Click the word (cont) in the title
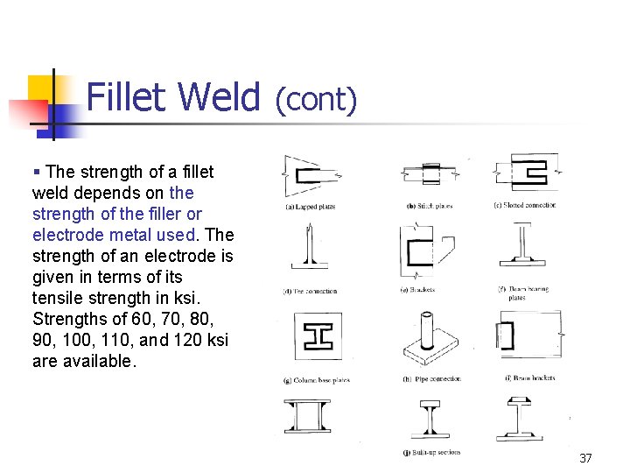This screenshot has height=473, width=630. (x=316, y=100)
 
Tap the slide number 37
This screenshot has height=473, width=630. (x=585, y=458)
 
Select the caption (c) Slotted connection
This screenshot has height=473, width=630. (x=524, y=206)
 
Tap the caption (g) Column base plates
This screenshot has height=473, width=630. (x=316, y=379)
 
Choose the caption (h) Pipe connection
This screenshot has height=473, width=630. (x=431, y=378)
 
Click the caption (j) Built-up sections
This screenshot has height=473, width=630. (x=431, y=452)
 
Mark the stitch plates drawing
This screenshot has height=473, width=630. (x=430, y=173)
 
